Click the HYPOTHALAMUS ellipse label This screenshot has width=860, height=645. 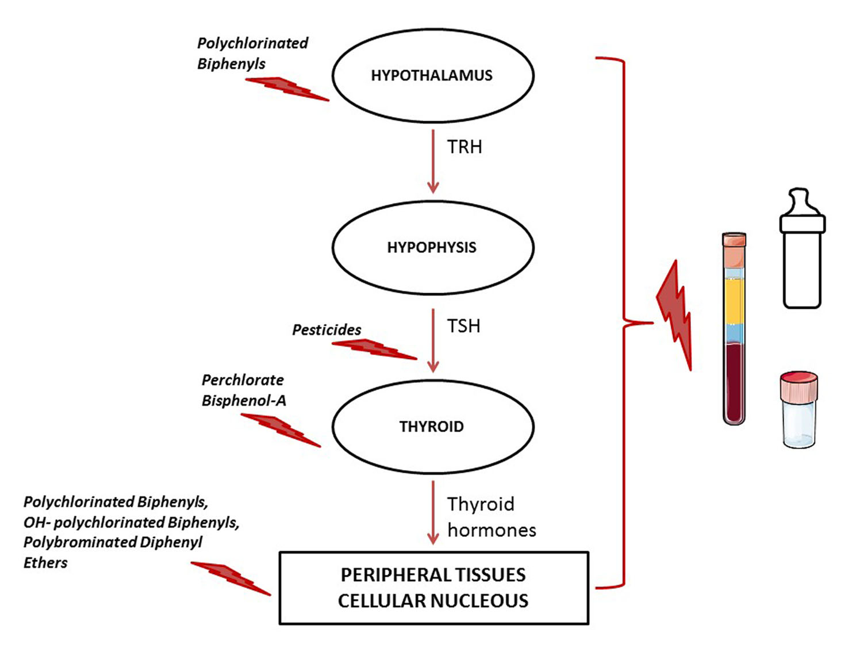click(431, 75)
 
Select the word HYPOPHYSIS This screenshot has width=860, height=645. click(431, 247)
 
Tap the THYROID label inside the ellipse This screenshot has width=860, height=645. click(431, 427)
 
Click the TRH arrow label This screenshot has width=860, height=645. click(464, 147)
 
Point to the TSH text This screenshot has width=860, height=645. click(463, 326)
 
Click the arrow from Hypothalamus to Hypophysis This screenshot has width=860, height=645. click(433, 161)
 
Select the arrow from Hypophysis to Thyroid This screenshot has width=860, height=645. click(433, 339)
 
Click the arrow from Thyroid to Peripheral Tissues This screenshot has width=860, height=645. click(433, 512)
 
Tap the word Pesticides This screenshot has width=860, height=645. click(327, 330)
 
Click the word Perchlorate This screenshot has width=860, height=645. click(243, 380)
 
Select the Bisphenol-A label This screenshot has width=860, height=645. click(244, 401)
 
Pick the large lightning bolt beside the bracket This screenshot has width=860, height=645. click(675, 313)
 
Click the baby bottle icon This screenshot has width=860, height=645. click(802, 250)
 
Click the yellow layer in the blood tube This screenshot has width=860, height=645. click(734, 300)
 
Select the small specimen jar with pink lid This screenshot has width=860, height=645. click(798, 409)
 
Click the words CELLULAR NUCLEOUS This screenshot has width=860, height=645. click(433, 601)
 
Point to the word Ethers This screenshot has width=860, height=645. click(45, 563)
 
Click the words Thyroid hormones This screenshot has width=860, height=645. click(491, 517)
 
